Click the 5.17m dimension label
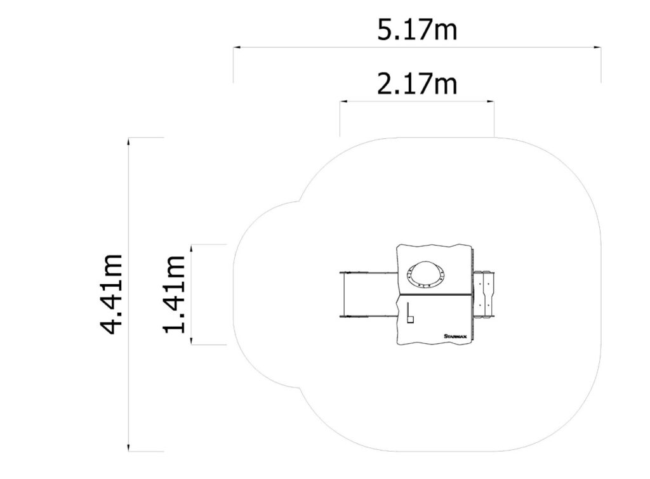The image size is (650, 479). click(x=417, y=30)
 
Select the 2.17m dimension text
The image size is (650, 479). click(x=417, y=84)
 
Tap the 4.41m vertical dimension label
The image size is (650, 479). click(x=112, y=294)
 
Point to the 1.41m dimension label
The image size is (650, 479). click(x=174, y=294)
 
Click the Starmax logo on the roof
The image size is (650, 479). click(x=454, y=336)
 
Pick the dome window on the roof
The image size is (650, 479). click(x=426, y=274)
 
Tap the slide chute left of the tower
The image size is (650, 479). click(x=369, y=294)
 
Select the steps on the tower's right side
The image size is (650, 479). click(x=484, y=294)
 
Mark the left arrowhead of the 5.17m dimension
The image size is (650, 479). click(x=235, y=48)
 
